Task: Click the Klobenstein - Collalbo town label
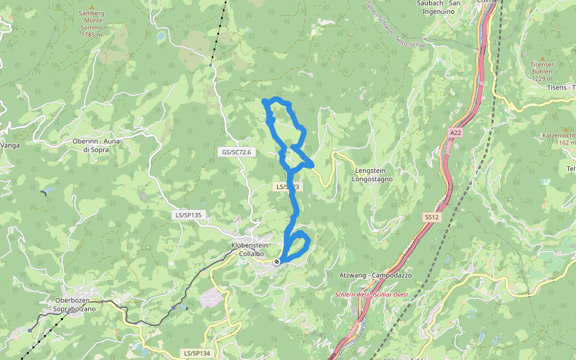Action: click(x=248, y=250)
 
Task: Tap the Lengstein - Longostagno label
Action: click(x=372, y=175)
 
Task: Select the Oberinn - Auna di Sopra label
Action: click(x=91, y=145)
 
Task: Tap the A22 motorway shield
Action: click(x=455, y=132)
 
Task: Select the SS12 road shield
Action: click(x=431, y=217)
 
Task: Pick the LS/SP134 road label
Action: click(x=197, y=353)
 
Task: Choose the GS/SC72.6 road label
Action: click(x=236, y=152)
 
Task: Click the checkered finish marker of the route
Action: click(x=277, y=262)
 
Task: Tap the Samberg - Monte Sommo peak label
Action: click(x=92, y=20)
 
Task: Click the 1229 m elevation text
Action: click(x=541, y=79)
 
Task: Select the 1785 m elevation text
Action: click(x=92, y=35)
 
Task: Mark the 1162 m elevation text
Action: click(x=565, y=143)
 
